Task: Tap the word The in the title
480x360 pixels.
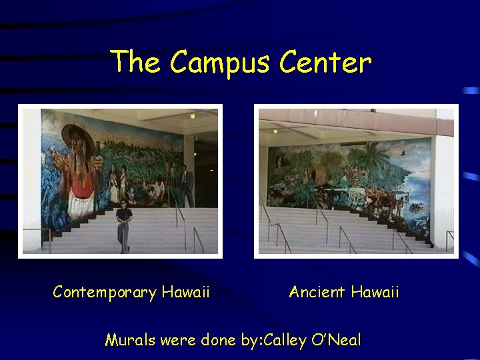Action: pos(135,63)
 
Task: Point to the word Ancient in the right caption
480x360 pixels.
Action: pos(317,292)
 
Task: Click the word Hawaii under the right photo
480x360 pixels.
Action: pos(375,292)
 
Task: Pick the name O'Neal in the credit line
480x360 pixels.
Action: pos(335,340)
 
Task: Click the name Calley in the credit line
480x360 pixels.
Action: pos(285,340)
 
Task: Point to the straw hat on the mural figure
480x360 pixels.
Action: pos(77,133)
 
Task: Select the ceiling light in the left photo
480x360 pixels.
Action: pos(192,116)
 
